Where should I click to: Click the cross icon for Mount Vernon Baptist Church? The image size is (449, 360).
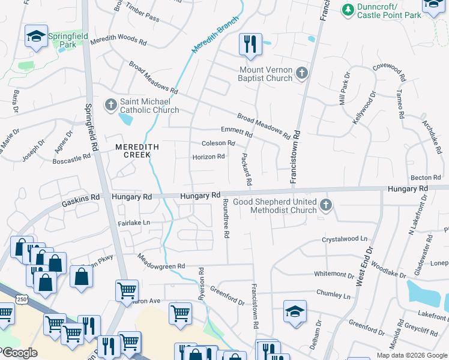point(301,74)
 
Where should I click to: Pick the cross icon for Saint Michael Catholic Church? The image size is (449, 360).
point(110,106)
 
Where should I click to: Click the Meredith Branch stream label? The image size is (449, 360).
point(215,34)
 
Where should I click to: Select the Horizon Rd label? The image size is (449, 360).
point(208,157)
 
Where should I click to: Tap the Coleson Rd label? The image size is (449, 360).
point(218,143)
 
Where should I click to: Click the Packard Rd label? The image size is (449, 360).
point(246,169)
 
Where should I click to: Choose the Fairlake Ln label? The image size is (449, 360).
point(134,223)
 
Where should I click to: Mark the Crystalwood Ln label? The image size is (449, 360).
point(344,239)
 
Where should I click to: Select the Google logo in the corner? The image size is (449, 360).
point(19,352)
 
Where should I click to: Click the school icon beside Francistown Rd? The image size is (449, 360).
point(295,312)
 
